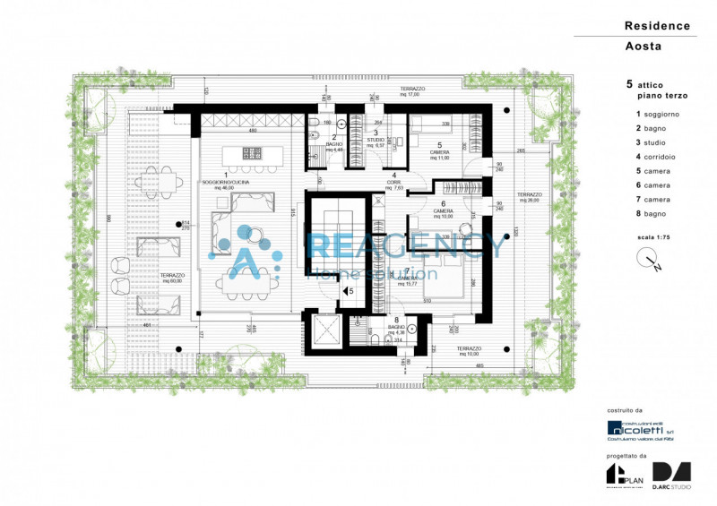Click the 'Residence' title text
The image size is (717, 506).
tap(657, 26)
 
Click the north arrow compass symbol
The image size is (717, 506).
tap(650, 261)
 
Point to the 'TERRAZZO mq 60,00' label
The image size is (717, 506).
tap(173, 277)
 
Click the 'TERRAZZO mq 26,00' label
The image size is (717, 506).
tap(530, 197)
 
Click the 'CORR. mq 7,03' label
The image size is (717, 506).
tap(393, 184)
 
